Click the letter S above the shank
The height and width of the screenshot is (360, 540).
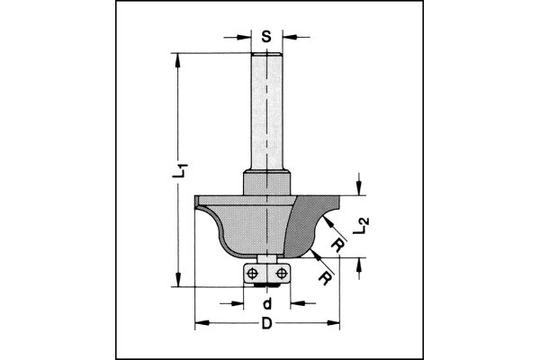tap(266, 38)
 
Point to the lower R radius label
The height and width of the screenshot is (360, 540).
tap(322, 275)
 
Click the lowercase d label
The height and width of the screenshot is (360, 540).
tap(266, 302)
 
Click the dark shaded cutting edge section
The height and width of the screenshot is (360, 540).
tap(306, 225)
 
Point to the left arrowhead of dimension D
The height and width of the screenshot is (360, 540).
tap(199, 321)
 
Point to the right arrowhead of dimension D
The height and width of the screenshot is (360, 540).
tap(335, 321)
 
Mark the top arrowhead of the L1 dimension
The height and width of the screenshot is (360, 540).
tap(178, 59)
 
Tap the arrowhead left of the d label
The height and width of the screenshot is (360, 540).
tap(238, 289)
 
